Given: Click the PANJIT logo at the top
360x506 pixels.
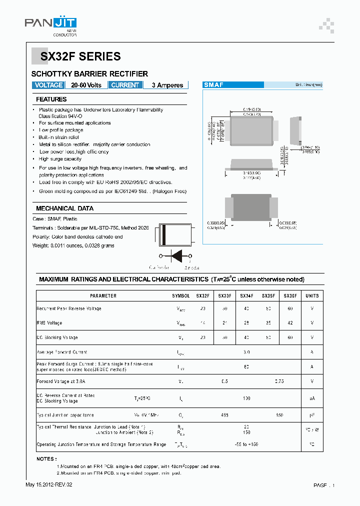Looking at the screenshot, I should [x=50, y=24].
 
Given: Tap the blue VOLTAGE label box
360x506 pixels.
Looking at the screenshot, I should [x=48, y=85].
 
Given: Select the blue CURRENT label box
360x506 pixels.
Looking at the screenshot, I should [x=125, y=85].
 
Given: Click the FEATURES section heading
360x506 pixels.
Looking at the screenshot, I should [x=51, y=99].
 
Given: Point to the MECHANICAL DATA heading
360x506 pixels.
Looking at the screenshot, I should [x=64, y=208].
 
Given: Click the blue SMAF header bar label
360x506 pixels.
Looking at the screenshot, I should [x=213, y=85].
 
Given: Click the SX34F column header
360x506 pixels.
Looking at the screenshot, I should [x=246, y=296].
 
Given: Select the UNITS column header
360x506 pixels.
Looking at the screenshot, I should [x=312, y=296].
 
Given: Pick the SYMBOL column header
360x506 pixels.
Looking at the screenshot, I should [x=181, y=296].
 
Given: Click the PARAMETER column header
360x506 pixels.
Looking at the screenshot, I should [x=103, y=296].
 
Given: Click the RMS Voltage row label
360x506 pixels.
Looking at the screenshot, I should [x=49, y=323].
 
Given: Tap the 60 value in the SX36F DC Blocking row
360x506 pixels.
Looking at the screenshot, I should [x=290, y=337].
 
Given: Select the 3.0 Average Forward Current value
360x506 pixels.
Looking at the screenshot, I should [x=246, y=352].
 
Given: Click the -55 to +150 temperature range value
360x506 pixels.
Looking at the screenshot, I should [x=246, y=444].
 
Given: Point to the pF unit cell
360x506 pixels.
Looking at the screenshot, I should [x=312, y=415].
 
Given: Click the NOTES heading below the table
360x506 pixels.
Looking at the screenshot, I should [x=46, y=458].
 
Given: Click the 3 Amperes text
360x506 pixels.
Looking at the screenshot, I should [x=167, y=85].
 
